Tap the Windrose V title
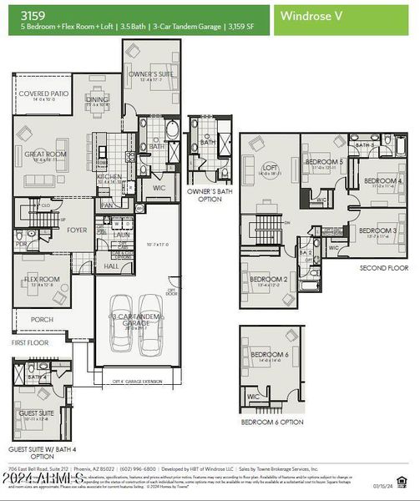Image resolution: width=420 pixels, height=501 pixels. (x=311, y=15)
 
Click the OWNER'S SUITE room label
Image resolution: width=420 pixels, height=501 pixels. (x=150, y=74)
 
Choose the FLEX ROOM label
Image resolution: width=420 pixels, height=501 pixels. (x=42, y=280)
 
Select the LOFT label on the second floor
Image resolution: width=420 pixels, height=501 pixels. (x=270, y=168)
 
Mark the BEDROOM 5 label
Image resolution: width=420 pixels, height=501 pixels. (x=324, y=161)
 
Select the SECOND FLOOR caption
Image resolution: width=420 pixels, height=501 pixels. (x=383, y=269)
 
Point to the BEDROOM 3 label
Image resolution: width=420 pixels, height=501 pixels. (x=378, y=230)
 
